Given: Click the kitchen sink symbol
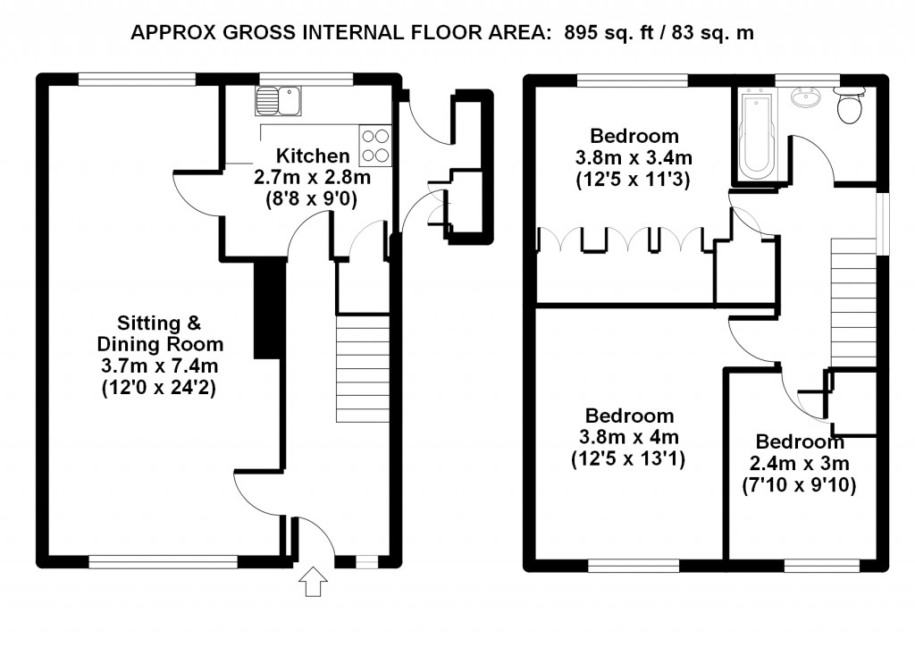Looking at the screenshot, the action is click(x=278, y=101).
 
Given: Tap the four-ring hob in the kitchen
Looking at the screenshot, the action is click(x=375, y=146).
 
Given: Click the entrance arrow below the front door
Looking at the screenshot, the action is click(x=314, y=581).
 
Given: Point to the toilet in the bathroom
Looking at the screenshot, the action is click(x=849, y=106).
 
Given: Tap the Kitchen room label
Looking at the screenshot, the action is click(x=313, y=155).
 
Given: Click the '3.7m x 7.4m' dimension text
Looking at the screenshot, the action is click(x=159, y=366).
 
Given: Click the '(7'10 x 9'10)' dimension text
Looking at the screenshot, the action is click(x=799, y=485).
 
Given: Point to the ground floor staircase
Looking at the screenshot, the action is click(x=363, y=368).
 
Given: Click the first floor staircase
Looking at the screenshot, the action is click(x=853, y=303).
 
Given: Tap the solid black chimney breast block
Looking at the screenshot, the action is click(x=270, y=308).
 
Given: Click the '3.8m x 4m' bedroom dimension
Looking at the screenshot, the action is click(x=628, y=437).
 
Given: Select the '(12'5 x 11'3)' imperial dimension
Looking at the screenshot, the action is click(x=634, y=179).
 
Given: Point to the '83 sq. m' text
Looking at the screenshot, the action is click(x=712, y=33).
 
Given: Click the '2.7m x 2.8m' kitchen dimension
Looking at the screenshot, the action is click(x=312, y=177).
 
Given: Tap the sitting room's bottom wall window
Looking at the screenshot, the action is click(x=164, y=562).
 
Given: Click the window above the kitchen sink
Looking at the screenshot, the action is click(x=306, y=80).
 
